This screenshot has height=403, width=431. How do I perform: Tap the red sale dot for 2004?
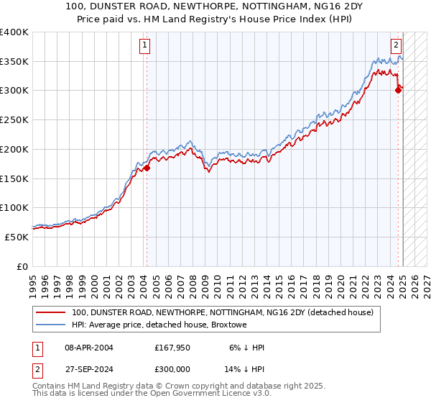coord(147,168)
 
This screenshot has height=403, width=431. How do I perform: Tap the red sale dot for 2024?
coord(398,90)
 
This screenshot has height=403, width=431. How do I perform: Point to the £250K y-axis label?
coord(14,119)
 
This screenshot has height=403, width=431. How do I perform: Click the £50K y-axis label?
coord(17,237)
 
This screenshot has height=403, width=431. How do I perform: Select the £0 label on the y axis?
coord(23,266)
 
